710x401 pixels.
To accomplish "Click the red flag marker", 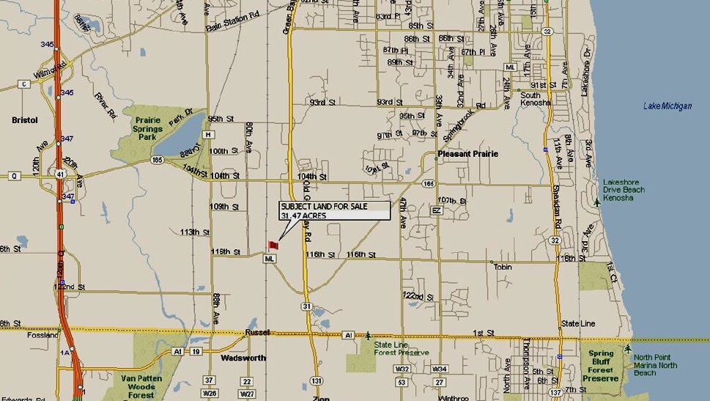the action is pyautogui.click(x=273, y=246).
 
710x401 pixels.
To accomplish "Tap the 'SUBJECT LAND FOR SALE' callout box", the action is pyautogui.click(x=334, y=210).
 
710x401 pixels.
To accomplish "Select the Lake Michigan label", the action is pyautogui.click(x=667, y=106).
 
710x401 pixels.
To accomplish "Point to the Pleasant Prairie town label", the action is pyautogui.click(x=467, y=154).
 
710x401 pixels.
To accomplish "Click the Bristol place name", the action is pyautogui.click(x=25, y=119).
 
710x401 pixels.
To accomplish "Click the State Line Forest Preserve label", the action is pyautogui.click(x=401, y=348).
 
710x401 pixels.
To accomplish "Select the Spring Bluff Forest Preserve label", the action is pyautogui.click(x=601, y=366).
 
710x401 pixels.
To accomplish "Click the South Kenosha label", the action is pyautogui.click(x=530, y=99).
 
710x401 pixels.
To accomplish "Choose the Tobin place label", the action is pyautogui.click(x=503, y=266).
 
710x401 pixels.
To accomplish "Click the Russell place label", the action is pyautogui.click(x=258, y=331).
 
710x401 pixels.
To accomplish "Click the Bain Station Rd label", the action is pyautogui.click(x=232, y=28).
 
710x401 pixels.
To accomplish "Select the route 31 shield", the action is pyautogui.click(x=306, y=306).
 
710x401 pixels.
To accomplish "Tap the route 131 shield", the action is pyautogui.click(x=316, y=380).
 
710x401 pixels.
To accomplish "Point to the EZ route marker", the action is pyautogui.click(x=437, y=210).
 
